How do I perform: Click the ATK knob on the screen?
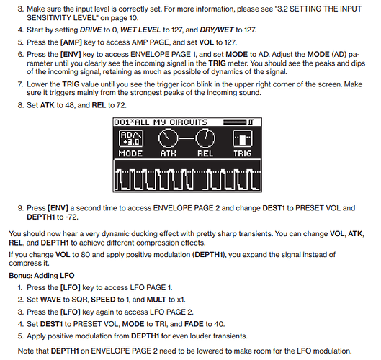click(x=168, y=138)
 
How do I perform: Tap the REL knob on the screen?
click(x=205, y=138)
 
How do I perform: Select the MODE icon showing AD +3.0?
click(x=131, y=138)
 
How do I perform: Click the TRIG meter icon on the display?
click(x=242, y=138)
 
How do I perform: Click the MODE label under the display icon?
click(x=130, y=153)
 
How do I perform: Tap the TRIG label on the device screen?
click(x=243, y=153)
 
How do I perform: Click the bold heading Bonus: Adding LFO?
click(x=42, y=276)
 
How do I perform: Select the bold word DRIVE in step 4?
click(x=91, y=30)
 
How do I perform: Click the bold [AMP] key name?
click(x=71, y=42)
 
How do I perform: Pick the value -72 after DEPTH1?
click(x=72, y=217)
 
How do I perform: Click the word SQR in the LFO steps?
click(x=80, y=300)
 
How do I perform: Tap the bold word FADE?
click(x=194, y=324)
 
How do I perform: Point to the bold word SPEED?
click(x=103, y=300)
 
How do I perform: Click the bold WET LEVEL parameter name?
click(x=140, y=30)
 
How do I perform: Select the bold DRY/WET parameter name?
click(x=217, y=30)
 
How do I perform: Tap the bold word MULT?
click(x=156, y=300)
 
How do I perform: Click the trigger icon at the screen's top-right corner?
click(x=251, y=122)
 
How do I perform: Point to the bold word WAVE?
click(x=50, y=300)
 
